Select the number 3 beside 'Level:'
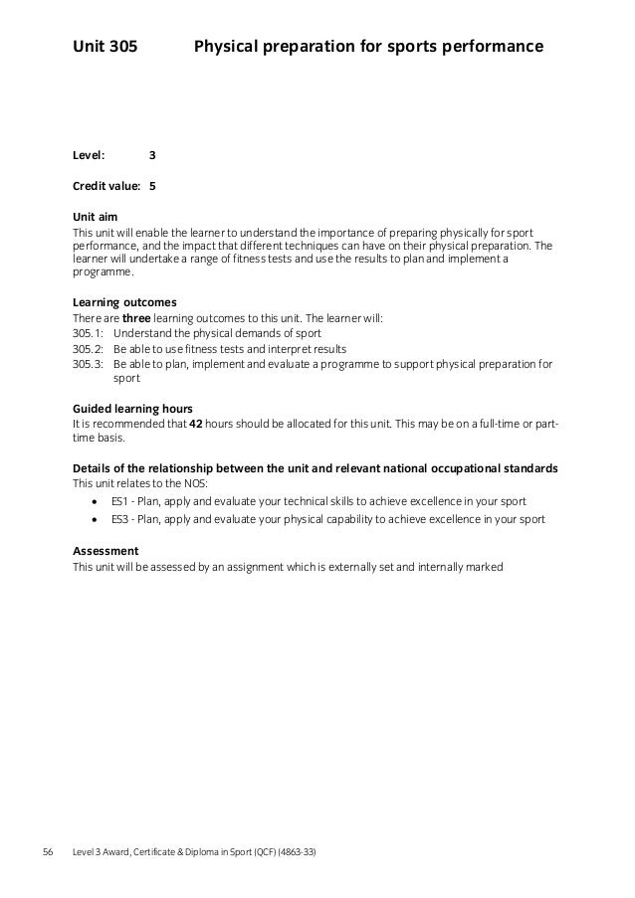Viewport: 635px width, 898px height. (x=152, y=155)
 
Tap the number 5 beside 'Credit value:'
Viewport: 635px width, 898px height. (x=152, y=186)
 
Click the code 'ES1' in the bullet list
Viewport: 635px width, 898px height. (x=120, y=500)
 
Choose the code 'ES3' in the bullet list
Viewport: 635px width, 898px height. (x=120, y=519)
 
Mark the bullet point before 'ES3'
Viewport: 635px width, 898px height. (x=95, y=520)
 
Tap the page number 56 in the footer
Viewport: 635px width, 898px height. (x=48, y=852)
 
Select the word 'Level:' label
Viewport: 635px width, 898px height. (x=90, y=155)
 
